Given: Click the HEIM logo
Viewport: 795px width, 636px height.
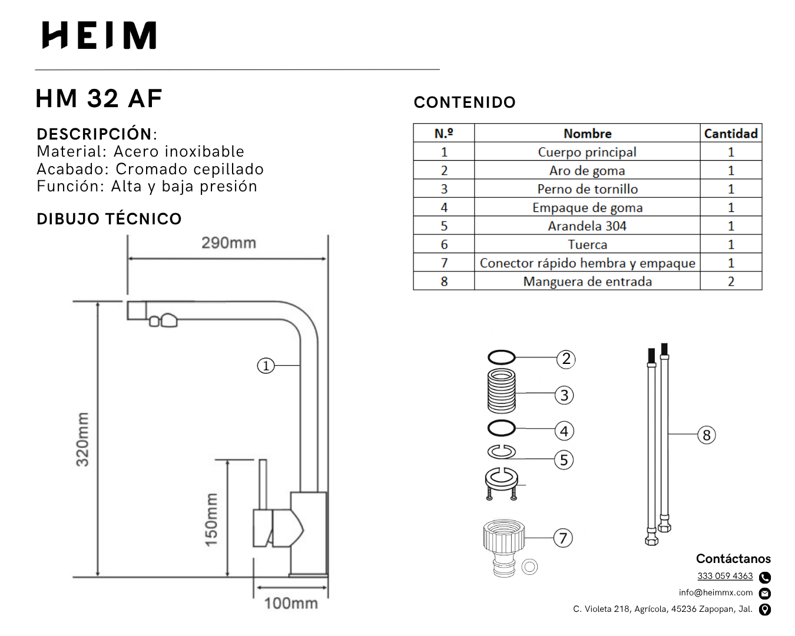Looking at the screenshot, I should (x=99, y=35).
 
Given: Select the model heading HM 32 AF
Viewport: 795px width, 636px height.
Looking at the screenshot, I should (x=99, y=98).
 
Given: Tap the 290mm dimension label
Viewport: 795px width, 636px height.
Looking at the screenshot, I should (x=228, y=243).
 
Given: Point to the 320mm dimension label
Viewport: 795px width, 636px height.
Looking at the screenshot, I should (x=82, y=439).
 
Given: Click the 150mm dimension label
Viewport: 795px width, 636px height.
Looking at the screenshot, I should (x=211, y=519).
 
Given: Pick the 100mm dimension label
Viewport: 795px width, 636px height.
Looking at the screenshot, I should (x=291, y=603).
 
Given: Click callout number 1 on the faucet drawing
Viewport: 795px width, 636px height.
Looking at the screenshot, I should (x=266, y=366).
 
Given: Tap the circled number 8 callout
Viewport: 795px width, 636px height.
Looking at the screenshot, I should (x=707, y=435).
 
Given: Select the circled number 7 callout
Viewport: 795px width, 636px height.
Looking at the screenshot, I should (x=563, y=538).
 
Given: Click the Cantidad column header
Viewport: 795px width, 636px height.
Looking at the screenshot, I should (x=731, y=134).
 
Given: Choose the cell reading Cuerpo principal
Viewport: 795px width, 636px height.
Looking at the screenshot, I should (x=587, y=152).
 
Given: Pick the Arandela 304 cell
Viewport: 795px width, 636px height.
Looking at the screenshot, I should (x=587, y=226).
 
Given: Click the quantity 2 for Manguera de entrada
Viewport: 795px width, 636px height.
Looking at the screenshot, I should (x=731, y=281).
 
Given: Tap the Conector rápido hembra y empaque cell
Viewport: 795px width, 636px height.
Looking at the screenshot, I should (x=587, y=263).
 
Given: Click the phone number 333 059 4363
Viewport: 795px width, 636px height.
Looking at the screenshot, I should (x=725, y=576).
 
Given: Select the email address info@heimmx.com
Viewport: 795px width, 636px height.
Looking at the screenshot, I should (x=715, y=592).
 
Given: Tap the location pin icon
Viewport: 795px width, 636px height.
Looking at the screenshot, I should (x=765, y=609).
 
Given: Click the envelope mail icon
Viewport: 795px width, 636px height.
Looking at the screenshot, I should (x=765, y=593).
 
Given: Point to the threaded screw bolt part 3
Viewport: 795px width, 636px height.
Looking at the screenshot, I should (x=502, y=391).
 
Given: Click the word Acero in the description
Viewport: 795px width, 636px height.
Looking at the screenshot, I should (x=137, y=151).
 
